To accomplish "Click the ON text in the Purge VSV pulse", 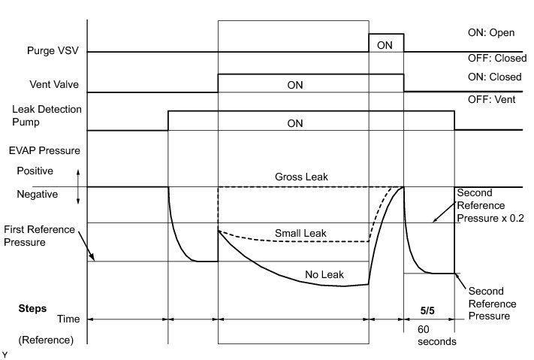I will (385, 45).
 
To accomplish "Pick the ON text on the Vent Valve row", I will (296, 86).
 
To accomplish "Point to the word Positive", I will (35, 171).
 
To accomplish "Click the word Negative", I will (38, 194).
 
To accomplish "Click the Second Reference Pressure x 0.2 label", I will (488, 204).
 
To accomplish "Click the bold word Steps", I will (32, 308).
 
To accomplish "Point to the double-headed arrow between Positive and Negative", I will (78, 186).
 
